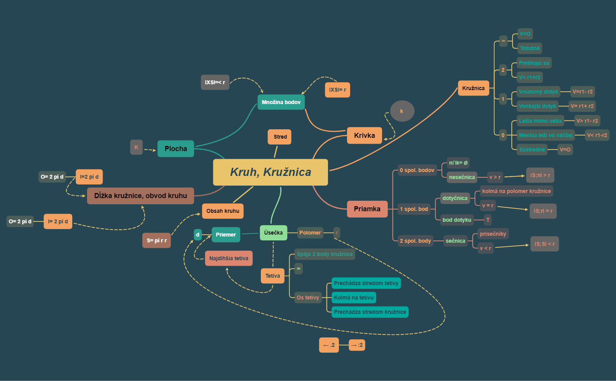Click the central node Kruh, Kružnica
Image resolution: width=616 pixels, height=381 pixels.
pos(270,172)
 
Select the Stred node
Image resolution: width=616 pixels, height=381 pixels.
pos(280,137)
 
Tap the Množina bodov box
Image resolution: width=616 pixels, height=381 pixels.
pos(281,102)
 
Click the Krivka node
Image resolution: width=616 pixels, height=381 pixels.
pos(364,136)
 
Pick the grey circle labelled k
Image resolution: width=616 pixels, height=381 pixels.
pos(402,111)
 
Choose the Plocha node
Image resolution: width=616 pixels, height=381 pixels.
pos(176,149)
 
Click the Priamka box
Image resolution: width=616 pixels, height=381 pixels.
pos(367,209)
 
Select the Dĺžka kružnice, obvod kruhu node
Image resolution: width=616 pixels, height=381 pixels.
pos(140,196)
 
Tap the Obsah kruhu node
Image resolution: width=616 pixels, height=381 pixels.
pos(223,211)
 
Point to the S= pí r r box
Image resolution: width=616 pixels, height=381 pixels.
pos(157,240)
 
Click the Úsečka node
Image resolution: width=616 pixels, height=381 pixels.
pos(273,233)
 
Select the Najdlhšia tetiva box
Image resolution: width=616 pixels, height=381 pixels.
pos(229,258)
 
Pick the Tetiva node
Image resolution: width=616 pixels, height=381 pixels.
pos(272,276)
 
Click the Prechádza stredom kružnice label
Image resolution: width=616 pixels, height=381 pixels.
pos(370,312)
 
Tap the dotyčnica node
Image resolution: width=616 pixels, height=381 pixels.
pos(455,198)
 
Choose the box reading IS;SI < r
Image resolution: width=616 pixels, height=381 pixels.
pos(544,244)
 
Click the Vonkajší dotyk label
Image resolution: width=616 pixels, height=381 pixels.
pos(537,106)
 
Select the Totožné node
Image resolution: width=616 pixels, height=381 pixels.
pos(530,48)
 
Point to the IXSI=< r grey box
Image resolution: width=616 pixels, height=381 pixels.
pos(215,82)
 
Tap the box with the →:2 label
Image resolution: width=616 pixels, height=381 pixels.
pos(357,345)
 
